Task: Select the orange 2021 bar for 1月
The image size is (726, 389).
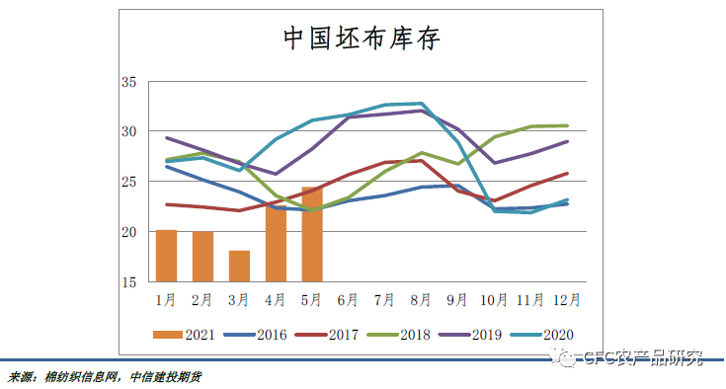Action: (x=166, y=256)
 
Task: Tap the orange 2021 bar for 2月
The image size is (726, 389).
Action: (x=202, y=257)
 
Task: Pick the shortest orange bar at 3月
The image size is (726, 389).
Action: (x=239, y=266)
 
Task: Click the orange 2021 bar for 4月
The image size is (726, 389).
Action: (x=276, y=244)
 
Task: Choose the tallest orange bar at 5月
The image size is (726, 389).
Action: (x=311, y=234)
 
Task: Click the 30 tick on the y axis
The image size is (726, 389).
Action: (x=128, y=131)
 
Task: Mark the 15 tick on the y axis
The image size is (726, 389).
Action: (x=128, y=282)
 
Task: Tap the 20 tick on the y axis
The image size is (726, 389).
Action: (x=128, y=232)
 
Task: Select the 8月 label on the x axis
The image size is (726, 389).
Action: (x=421, y=297)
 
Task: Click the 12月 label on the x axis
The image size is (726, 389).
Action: (x=566, y=297)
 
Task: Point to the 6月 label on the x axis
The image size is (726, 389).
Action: (x=348, y=297)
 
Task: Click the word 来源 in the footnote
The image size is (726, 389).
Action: (x=21, y=377)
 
